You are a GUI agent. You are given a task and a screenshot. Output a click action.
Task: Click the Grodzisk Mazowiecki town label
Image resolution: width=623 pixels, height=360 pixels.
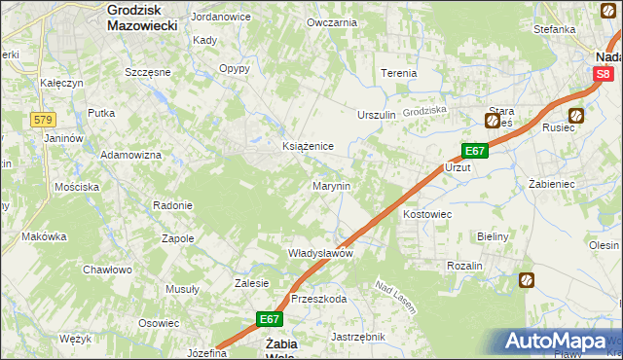point(142,18)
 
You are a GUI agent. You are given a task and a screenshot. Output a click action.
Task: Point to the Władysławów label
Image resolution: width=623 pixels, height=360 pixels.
point(319,253)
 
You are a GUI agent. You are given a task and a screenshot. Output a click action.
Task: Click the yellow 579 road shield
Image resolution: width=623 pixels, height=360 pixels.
point(41,120)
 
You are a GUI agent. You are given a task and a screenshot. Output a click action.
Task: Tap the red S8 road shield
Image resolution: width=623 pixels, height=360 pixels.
point(605,73)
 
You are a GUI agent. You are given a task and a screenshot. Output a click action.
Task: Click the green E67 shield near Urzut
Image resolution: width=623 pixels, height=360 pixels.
point(474,152)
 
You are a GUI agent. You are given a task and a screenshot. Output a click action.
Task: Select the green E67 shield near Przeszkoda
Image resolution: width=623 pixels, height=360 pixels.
point(271,318)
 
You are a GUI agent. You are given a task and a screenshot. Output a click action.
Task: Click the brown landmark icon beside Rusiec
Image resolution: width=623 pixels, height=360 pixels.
point(576,116)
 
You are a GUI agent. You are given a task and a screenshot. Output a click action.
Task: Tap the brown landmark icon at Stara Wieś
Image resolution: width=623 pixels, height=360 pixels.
point(493,121)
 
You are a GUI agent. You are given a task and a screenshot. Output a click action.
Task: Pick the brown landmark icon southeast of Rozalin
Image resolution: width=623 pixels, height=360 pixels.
point(527,280)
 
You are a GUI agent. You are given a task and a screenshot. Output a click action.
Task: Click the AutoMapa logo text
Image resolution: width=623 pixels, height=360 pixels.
point(564,342)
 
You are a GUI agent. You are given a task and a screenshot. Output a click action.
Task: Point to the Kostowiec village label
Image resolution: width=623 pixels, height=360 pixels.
point(426,213)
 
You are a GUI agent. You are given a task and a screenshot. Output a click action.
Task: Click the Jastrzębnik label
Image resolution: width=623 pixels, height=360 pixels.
point(358,337)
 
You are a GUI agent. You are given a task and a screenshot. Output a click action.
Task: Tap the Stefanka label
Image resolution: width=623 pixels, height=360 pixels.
point(555,29)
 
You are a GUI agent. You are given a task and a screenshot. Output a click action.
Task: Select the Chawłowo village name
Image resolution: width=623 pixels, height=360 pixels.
point(107,270)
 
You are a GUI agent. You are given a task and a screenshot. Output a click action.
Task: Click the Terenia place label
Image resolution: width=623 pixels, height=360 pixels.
point(398,73)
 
